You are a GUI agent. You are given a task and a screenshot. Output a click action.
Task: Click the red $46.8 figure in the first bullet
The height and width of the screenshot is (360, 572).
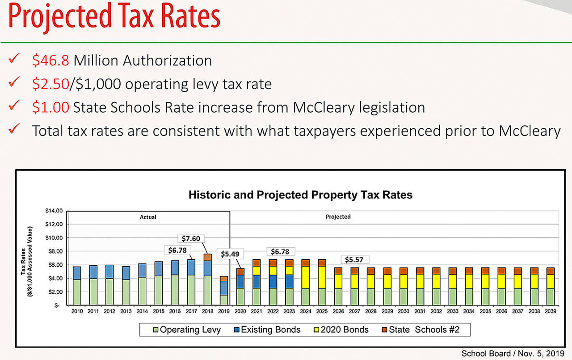click(x=51, y=60)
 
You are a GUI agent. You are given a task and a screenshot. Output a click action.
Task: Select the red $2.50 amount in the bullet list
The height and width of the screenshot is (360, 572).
click(x=50, y=84)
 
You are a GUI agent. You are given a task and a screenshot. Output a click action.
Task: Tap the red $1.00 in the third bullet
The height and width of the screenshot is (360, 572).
click(x=50, y=107)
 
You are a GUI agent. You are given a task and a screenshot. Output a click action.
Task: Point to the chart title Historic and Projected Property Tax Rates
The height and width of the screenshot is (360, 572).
click(x=300, y=195)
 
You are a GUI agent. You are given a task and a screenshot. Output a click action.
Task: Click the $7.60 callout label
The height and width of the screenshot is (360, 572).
click(x=191, y=238)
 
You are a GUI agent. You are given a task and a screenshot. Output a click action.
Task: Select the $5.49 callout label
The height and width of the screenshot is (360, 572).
click(x=231, y=254)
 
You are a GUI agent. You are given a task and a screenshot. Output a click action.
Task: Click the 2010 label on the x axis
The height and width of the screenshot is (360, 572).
click(x=77, y=311)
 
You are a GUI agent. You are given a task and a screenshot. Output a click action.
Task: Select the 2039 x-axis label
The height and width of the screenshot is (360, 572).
click(x=550, y=311)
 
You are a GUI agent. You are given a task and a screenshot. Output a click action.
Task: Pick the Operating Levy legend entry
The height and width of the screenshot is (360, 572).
click(x=186, y=330)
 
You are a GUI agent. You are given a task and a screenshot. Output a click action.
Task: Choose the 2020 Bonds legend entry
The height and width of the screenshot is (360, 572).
click(x=345, y=330)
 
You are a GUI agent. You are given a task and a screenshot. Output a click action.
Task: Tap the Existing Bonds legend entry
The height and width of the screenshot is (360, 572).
click(x=267, y=330)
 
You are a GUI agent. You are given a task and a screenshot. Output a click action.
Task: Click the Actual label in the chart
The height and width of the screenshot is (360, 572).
click(x=148, y=217)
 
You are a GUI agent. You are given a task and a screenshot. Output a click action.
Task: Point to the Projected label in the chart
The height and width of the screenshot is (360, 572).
click(x=338, y=217)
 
